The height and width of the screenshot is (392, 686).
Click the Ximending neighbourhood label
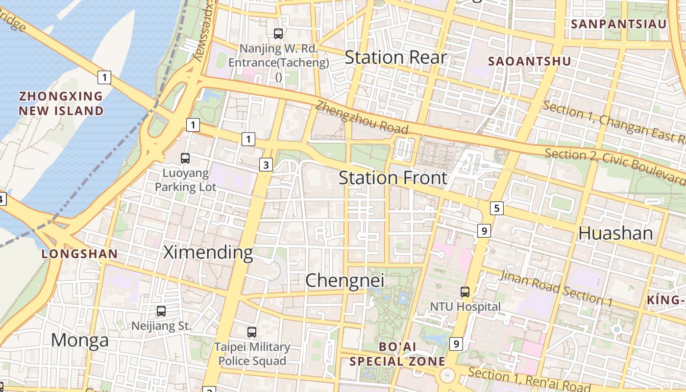click(x=208, y=252)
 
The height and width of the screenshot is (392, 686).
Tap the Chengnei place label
click(x=344, y=281)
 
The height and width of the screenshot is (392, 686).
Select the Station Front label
click(x=393, y=178)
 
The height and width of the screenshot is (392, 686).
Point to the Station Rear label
click(x=395, y=57)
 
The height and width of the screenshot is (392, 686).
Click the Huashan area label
click(x=615, y=233)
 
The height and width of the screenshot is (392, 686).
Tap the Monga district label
click(x=79, y=340)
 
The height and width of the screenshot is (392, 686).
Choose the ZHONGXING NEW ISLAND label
click(x=61, y=103)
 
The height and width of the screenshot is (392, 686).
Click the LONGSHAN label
click(x=79, y=254)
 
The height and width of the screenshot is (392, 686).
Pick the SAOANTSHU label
click(x=530, y=61)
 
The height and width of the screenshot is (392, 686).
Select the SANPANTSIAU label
click(x=618, y=24)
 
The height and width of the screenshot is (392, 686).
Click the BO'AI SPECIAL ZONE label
click(x=397, y=354)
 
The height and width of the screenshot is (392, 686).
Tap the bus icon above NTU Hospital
click(x=465, y=292)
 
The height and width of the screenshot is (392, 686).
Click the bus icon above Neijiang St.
click(x=161, y=311)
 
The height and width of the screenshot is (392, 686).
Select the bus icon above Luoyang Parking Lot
click(x=185, y=158)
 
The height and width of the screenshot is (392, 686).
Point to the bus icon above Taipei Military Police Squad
click(x=252, y=332)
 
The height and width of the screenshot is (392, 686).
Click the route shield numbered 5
click(x=497, y=208)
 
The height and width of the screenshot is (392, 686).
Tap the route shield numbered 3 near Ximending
click(x=266, y=165)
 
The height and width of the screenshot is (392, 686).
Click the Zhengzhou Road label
click(x=362, y=118)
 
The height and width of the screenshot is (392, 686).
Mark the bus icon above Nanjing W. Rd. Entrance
click(x=278, y=33)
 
